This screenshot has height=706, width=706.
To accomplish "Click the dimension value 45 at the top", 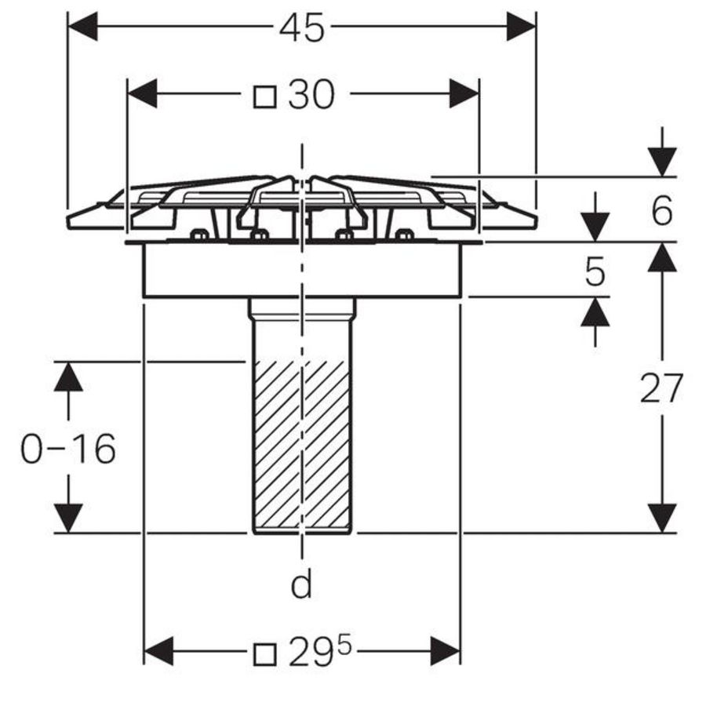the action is click(x=301, y=27).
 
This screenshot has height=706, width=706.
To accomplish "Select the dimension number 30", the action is click(x=311, y=95).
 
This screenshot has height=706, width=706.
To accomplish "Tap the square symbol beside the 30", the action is click(x=265, y=97).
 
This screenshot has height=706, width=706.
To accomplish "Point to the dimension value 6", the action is click(x=662, y=210).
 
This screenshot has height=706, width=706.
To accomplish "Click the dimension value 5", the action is click(x=595, y=272).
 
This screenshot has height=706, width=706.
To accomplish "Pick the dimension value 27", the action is click(x=661, y=388).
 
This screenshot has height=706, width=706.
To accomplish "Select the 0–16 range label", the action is click(x=68, y=449).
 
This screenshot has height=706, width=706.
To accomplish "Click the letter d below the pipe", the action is click(x=301, y=584).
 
